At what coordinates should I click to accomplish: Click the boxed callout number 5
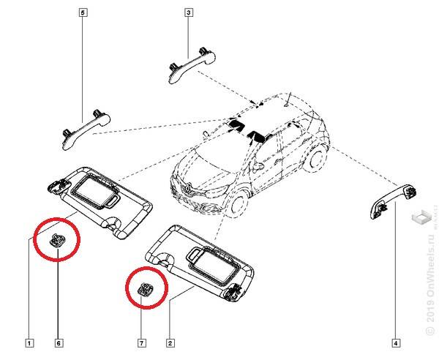[82, 13]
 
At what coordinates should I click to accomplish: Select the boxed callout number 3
[188, 13]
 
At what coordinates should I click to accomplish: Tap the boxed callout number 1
[29, 342]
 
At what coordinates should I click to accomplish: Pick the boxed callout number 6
[58, 342]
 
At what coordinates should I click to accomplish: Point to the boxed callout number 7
[142, 342]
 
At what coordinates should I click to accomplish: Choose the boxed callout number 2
[170, 342]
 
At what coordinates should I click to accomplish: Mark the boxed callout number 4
[396, 342]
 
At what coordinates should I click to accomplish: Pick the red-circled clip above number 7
[143, 290]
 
